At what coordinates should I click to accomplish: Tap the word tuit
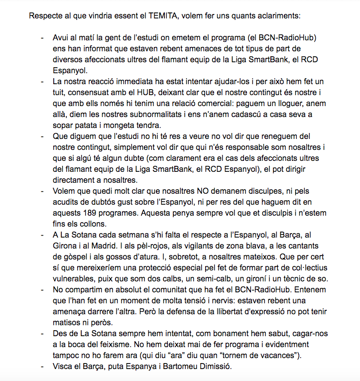61,93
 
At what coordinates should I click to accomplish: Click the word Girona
65,246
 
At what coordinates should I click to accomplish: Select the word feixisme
125,345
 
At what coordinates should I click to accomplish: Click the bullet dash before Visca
42,367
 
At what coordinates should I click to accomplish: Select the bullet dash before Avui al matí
42,38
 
